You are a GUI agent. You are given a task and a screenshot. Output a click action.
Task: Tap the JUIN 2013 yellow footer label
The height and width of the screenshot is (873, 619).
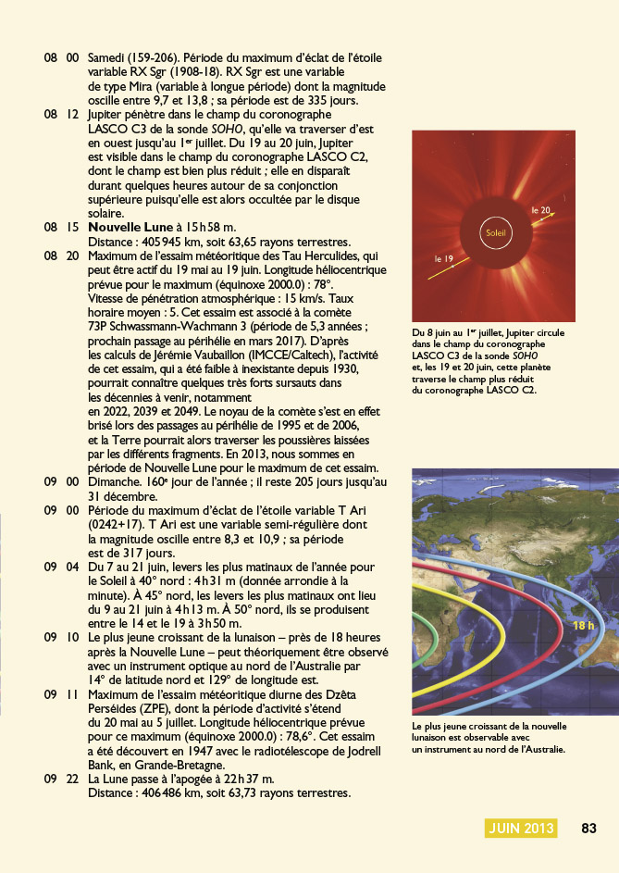click(522, 828)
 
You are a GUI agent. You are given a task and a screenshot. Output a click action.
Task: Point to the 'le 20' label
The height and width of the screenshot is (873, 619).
click(541, 211)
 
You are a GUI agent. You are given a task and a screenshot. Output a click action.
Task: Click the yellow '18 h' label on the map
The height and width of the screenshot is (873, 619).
click(583, 626)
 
